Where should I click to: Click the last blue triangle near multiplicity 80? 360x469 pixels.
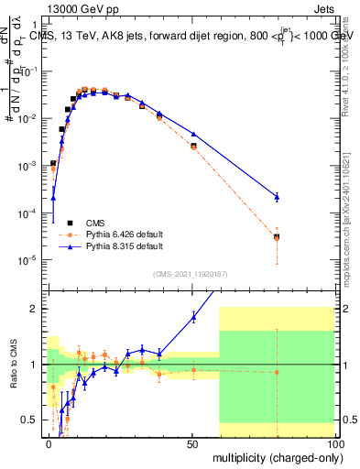pyautogui.click(x=277, y=196)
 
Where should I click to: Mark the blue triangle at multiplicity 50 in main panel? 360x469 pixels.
pyautogui.click(x=193, y=134)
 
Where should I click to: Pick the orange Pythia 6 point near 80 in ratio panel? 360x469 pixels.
pyautogui.click(x=277, y=372)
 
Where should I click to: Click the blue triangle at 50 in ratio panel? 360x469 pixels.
pyautogui.click(x=193, y=317)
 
